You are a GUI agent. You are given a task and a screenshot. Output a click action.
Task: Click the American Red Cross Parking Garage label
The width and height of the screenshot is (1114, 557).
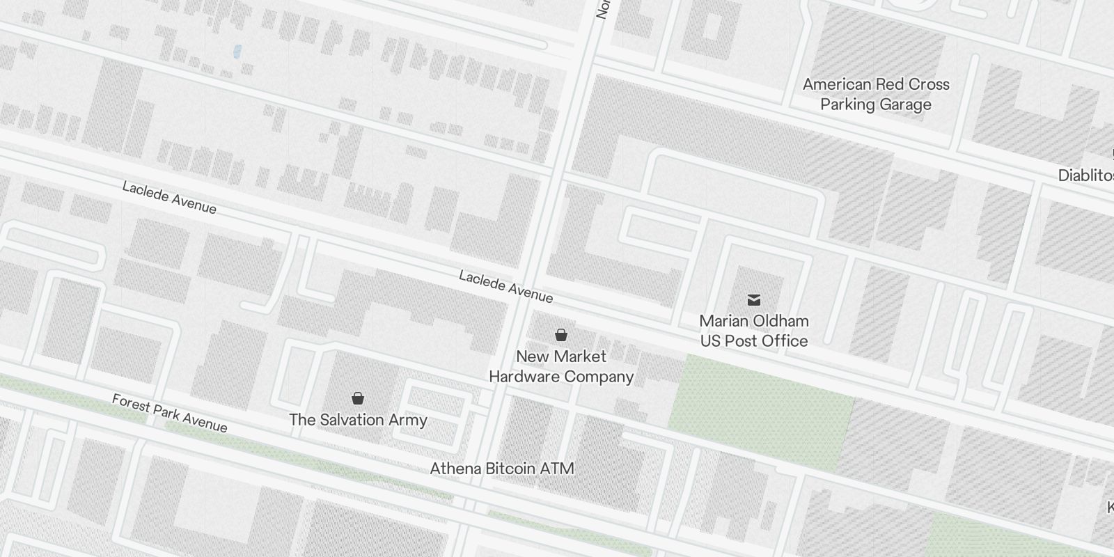pos(875,94)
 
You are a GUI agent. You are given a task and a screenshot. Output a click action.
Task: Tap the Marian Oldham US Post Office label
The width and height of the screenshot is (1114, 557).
pos(753,331)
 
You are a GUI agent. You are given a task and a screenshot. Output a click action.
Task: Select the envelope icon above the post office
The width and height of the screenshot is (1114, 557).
pos(753,300)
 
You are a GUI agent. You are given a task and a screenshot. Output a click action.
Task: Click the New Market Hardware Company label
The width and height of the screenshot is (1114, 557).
pos(560,366)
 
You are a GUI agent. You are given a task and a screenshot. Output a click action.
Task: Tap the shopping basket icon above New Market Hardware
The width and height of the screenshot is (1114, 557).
pos(560,335)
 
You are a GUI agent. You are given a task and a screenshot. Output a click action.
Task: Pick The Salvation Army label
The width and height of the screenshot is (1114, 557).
pos(358,420)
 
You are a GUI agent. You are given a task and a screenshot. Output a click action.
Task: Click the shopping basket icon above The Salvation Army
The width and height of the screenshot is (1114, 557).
pos(357,398)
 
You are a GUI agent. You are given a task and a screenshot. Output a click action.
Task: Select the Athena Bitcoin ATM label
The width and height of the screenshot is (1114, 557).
pos(501,469)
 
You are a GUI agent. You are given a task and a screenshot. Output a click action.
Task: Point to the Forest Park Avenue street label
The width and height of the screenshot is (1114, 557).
pos(169,413)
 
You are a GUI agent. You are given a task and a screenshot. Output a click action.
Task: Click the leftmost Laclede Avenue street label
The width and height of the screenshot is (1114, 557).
pos(169,198)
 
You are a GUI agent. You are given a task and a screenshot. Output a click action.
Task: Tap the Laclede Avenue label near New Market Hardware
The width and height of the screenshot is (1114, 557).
pos(505,287)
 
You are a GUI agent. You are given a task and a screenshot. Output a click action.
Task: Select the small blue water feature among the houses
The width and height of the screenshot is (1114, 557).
pos(237,51)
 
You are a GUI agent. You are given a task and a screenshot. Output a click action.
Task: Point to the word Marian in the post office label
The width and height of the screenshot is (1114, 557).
pos(724,321)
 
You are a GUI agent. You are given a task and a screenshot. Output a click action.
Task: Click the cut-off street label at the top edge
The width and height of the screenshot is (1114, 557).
pos(603,10)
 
